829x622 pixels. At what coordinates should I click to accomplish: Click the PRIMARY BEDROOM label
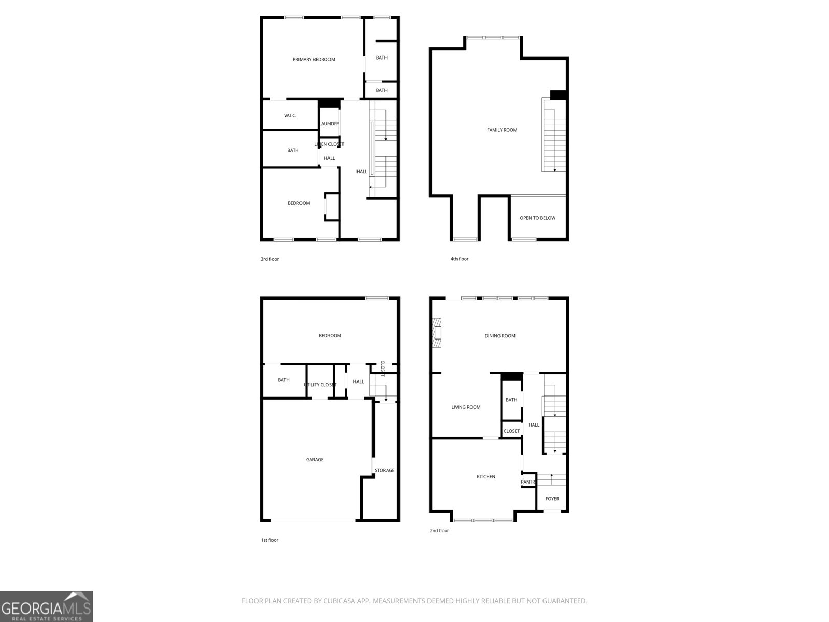pos(313,59)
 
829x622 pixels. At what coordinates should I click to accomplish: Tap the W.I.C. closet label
pos(290,115)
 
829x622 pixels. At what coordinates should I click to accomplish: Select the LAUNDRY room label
pos(329,124)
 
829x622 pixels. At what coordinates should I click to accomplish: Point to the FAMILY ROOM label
pos(502,130)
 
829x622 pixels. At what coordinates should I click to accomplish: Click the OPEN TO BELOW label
pos(537,218)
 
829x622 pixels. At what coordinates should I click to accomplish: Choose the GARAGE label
pos(315,460)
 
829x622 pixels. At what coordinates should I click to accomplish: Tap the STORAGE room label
pos(384,470)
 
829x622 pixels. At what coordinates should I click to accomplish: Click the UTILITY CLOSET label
pos(320,385)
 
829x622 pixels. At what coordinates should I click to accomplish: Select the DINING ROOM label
pos(500,336)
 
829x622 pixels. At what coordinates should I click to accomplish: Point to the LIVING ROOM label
pos(466,407)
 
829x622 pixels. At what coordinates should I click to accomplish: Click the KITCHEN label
pos(486,477)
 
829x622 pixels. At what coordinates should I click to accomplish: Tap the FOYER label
pos(552,499)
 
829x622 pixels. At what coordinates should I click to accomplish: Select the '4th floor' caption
pos(459,259)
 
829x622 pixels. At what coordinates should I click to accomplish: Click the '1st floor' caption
pos(269,540)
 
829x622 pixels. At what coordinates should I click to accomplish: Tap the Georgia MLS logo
pos(47,606)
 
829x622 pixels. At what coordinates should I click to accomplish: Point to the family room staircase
pos(554,135)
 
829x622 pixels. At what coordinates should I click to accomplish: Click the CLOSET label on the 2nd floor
pos(511,431)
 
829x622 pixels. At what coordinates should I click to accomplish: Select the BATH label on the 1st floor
pos(283,380)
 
